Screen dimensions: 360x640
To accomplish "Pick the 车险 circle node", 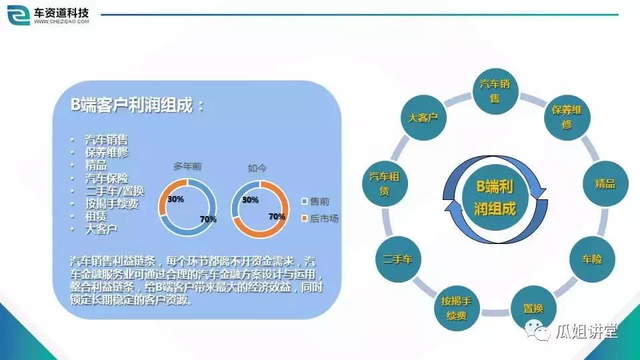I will tap(591, 259).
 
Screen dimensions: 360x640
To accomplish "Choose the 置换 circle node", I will tap(532, 309).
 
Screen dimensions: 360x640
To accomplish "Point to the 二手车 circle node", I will tap(398, 259).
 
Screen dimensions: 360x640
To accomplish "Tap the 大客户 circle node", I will tap(423, 117).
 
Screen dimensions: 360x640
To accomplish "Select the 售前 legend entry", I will tap(319, 201).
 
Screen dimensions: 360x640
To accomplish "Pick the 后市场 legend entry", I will tap(323, 218).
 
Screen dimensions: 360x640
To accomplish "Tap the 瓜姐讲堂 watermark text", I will tap(587, 331).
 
